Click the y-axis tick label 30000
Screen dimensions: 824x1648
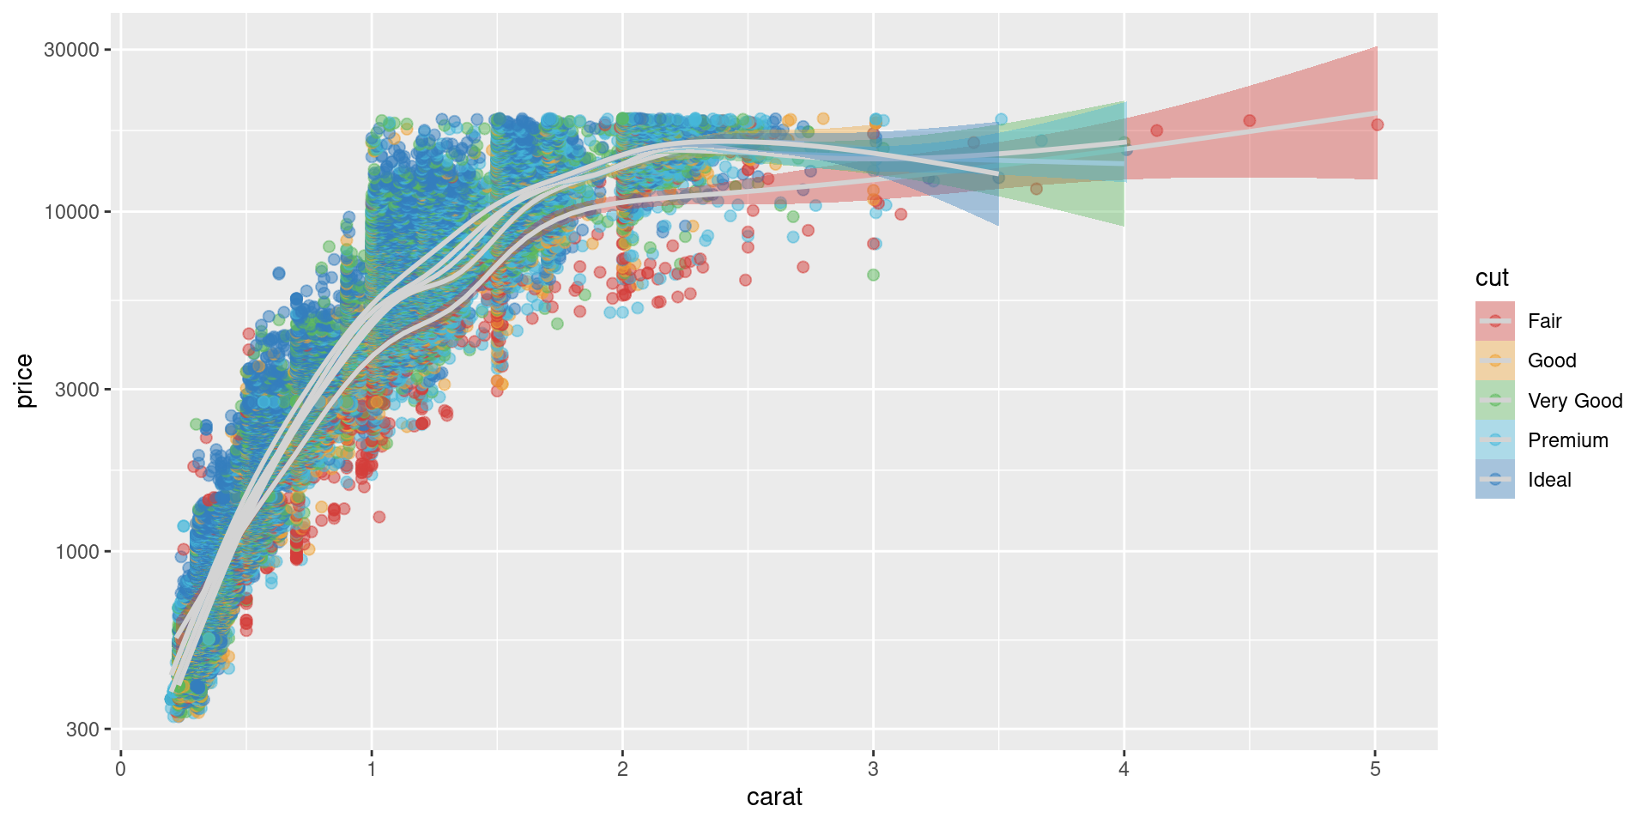point(71,50)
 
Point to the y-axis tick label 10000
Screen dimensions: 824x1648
point(71,212)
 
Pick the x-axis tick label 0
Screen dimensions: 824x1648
point(120,769)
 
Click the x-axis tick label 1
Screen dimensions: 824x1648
point(372,769)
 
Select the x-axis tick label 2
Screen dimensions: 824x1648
point(622,769)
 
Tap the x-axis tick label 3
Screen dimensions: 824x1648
point(873,769)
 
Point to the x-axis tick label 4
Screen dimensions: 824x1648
point(1124,769)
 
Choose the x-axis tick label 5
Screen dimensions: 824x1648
point(1375,769)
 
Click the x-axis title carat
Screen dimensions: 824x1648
point(774,797)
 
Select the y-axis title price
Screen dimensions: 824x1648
point(24,381)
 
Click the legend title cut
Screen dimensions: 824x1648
point(1492,278)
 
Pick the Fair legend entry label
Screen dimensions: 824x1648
point(1544,321)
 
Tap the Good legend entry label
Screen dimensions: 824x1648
point(1552,360)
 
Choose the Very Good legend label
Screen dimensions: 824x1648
point(1575,401)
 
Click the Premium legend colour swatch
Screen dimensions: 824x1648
point(1495,440)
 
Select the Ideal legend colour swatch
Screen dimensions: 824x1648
point(1495,480)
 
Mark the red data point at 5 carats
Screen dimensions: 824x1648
point(1377,124)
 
